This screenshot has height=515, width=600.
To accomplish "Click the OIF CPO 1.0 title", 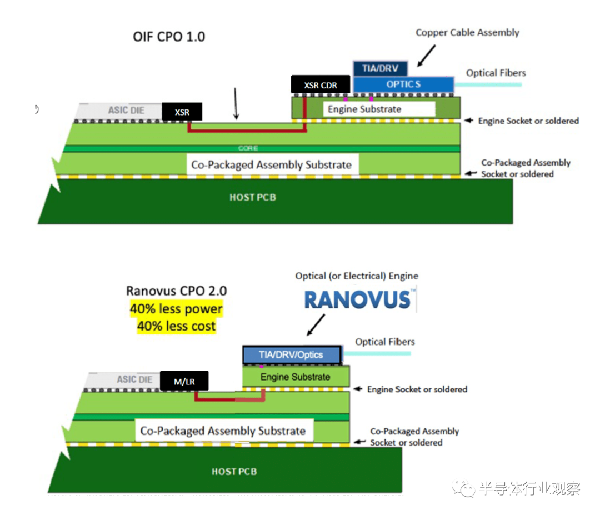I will pyautogui.click(x=169, y=37).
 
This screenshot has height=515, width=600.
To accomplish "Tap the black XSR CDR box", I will pyautogui.click(x=321, y=85).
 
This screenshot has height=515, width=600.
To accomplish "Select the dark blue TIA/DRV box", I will pyautogui.click(x=380, y=68).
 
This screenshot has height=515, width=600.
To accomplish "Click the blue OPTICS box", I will pyautogui.click(x=403, y=84).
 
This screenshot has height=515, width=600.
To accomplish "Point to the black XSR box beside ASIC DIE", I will pyautogui.click(x=182, y=112).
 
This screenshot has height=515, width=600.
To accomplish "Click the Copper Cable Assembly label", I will pyautogui.click(x=467, y=32).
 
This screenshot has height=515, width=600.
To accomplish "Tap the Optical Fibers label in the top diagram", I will pyautogui.click(x=496, y=73).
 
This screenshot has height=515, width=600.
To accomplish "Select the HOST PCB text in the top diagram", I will pyautogui.click(x=252, y=197).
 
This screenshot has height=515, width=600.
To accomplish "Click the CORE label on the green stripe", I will pyautogui.click(x=248, y=148).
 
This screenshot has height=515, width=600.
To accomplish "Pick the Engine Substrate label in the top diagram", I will pyautogui.click(x=364, y=109).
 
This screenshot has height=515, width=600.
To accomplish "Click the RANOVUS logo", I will pyautogui.click(x=357, y=300).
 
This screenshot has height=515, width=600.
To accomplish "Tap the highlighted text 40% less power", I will pyautogui.click(x=176, y=309).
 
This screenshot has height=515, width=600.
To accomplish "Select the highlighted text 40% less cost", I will pyautogui.click(x=176, y=326).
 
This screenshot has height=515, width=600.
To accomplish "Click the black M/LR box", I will pyautogui.click(x=184, y=381).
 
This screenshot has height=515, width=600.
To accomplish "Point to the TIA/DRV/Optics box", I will pyautogui.click(x=291, y=354).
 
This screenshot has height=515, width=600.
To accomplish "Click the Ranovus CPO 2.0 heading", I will pyautogui.click(x=176, y=291).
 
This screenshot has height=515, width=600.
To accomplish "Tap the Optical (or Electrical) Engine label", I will pyautogui.click(x=357, y=276).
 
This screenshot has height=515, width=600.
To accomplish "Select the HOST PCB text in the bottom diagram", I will pyautogui.click(x=234, y=472).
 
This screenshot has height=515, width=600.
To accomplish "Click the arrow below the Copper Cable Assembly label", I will pyautogui.click(x=427, y=55).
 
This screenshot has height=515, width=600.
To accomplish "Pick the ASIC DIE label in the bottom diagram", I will pyautogui.click(x=134, y=379).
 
